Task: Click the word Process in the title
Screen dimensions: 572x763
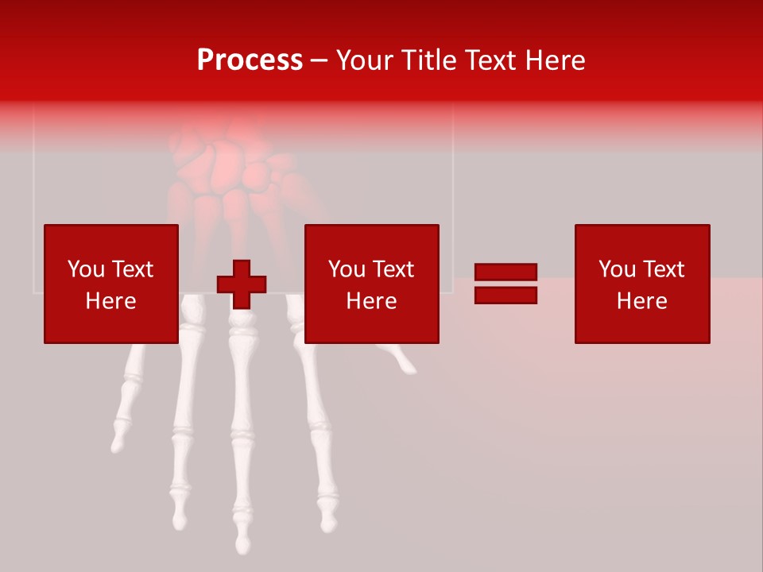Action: click(250, 60)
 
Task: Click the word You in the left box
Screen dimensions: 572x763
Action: click(86, 269)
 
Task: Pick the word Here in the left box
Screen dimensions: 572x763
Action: click(110, 301)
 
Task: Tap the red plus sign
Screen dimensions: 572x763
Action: click(242, 284)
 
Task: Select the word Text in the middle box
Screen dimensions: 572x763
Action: click(393, 269)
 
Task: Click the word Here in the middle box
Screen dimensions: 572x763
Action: click(371, 301)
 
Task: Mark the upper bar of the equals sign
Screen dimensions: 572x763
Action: click(505, 272)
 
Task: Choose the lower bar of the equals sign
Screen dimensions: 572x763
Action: click(505, 295)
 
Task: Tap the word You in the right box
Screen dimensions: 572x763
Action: click(617, 269)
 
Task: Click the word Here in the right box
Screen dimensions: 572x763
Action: click(641, 301)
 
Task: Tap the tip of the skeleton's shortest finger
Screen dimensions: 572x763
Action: click(118, 445)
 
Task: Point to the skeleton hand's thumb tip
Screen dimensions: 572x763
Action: click(409, 368)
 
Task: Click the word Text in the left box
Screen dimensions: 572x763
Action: click(132, 269)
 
